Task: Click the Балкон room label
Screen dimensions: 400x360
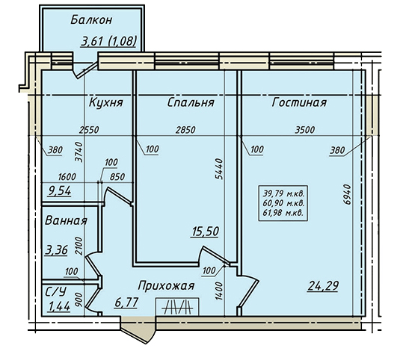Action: (x=91, y=20)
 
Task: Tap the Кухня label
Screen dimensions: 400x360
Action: (x=106, y=102)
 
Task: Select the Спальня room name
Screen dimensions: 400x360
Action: (x=191, y=102)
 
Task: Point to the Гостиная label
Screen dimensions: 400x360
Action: (x=299, y=102)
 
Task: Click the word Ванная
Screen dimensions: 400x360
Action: (x=66, y=220)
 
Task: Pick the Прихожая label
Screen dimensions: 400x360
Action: (x=166, y=286)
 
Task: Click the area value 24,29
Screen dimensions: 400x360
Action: (x=323, y=286)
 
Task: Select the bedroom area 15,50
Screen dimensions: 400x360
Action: (x=205, y=232)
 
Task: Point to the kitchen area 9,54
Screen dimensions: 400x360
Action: (x=59, y=190)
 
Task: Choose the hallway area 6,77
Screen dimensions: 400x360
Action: (x=126, y=303)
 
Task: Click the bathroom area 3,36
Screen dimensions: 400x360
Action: (x=56, y=250)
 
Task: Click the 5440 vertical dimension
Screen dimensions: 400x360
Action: (x=219, y=169)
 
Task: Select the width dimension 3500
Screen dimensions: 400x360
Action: (x=305, y=130)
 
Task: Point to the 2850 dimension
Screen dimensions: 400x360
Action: (x=185, y=130)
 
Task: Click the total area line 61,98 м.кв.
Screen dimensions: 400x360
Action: (x=283, y=213)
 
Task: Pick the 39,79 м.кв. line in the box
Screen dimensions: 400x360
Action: (x=283, y=194)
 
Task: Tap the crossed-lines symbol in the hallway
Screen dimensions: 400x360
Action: (x=177, y=307)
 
